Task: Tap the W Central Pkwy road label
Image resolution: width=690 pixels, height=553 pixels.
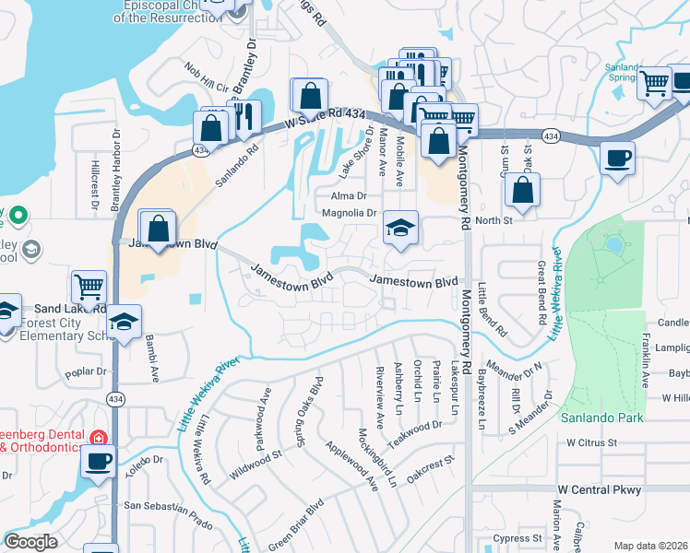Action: [599, 488]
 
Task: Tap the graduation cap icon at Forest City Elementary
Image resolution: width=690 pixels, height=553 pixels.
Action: [123, 322]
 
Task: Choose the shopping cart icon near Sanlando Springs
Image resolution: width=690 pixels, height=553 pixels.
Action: [654, 84]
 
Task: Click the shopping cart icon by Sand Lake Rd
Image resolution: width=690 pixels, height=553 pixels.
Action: [89, 287]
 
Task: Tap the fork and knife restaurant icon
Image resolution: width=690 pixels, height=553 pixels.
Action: [244, 116]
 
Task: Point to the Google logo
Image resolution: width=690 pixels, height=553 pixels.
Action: [31, 542]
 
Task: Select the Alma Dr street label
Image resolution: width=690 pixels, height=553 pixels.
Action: [349, 195]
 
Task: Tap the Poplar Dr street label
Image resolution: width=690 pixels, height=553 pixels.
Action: [88, 374]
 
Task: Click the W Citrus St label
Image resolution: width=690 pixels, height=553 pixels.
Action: [595, 442]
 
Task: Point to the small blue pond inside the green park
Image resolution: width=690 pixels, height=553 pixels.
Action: [613, 244]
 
